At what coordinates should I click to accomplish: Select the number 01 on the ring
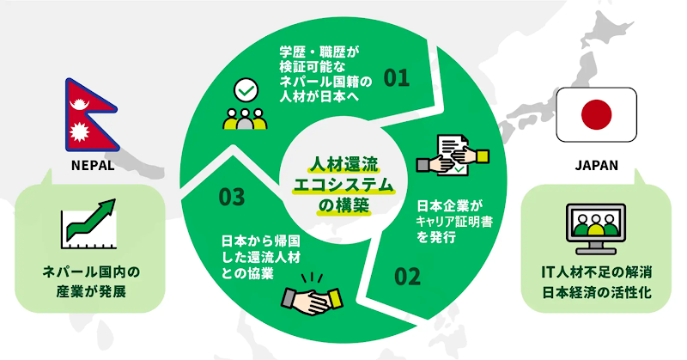[x=397, y=79]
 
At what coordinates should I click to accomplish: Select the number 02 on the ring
[x=408, y=277]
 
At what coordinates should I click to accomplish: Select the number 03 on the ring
[x=232, y=197]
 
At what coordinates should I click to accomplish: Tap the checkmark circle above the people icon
[x=246, y=90]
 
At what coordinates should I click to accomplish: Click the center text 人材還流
[x=343, y=162]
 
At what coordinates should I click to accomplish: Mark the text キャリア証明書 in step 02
[x=451, y=222]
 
